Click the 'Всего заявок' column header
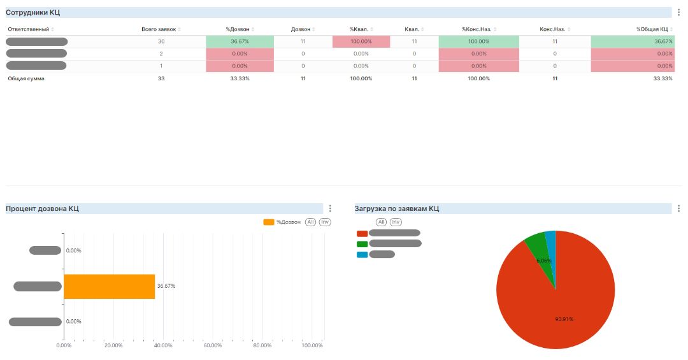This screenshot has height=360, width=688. click(x=159, y=29)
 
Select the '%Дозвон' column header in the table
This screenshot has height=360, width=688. click(x=237, y=29)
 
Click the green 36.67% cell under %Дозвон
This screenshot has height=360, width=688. click(x=240, y=41)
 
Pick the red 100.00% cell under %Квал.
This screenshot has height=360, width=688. click(x=361, y=41)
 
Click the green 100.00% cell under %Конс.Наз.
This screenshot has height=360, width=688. click(x=478, y=41)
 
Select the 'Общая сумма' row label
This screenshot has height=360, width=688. click(x=26, y=78)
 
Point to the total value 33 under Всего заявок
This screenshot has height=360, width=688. click(x=161, y=78)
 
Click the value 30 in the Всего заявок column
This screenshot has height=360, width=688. click(x=161, y=41)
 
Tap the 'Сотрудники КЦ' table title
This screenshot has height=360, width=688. click(x=33, y=12)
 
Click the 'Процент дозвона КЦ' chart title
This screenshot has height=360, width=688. click(x=42, y=208)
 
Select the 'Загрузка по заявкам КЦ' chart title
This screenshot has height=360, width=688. click(x=396, y=208)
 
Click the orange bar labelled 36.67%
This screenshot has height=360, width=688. click(x=109, y=286)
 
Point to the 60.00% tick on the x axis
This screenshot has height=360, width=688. click(x=212, y=345)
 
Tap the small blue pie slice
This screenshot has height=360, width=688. click(x=551, y=239)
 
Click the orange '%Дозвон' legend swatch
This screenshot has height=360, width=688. click(x=269, y=222)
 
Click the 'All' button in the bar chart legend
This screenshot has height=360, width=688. click(x=310, y=222)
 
